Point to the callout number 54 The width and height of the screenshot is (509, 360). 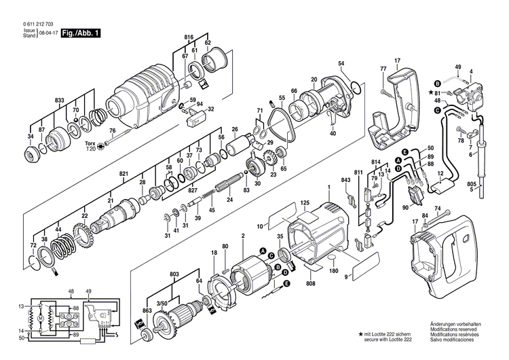click(341, 64)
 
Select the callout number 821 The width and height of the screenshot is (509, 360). click(124, 174)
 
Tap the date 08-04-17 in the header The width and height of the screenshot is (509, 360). click(48, 33)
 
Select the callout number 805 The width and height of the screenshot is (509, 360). click(472, 184)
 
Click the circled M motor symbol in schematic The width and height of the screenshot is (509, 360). click(40, 319)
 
